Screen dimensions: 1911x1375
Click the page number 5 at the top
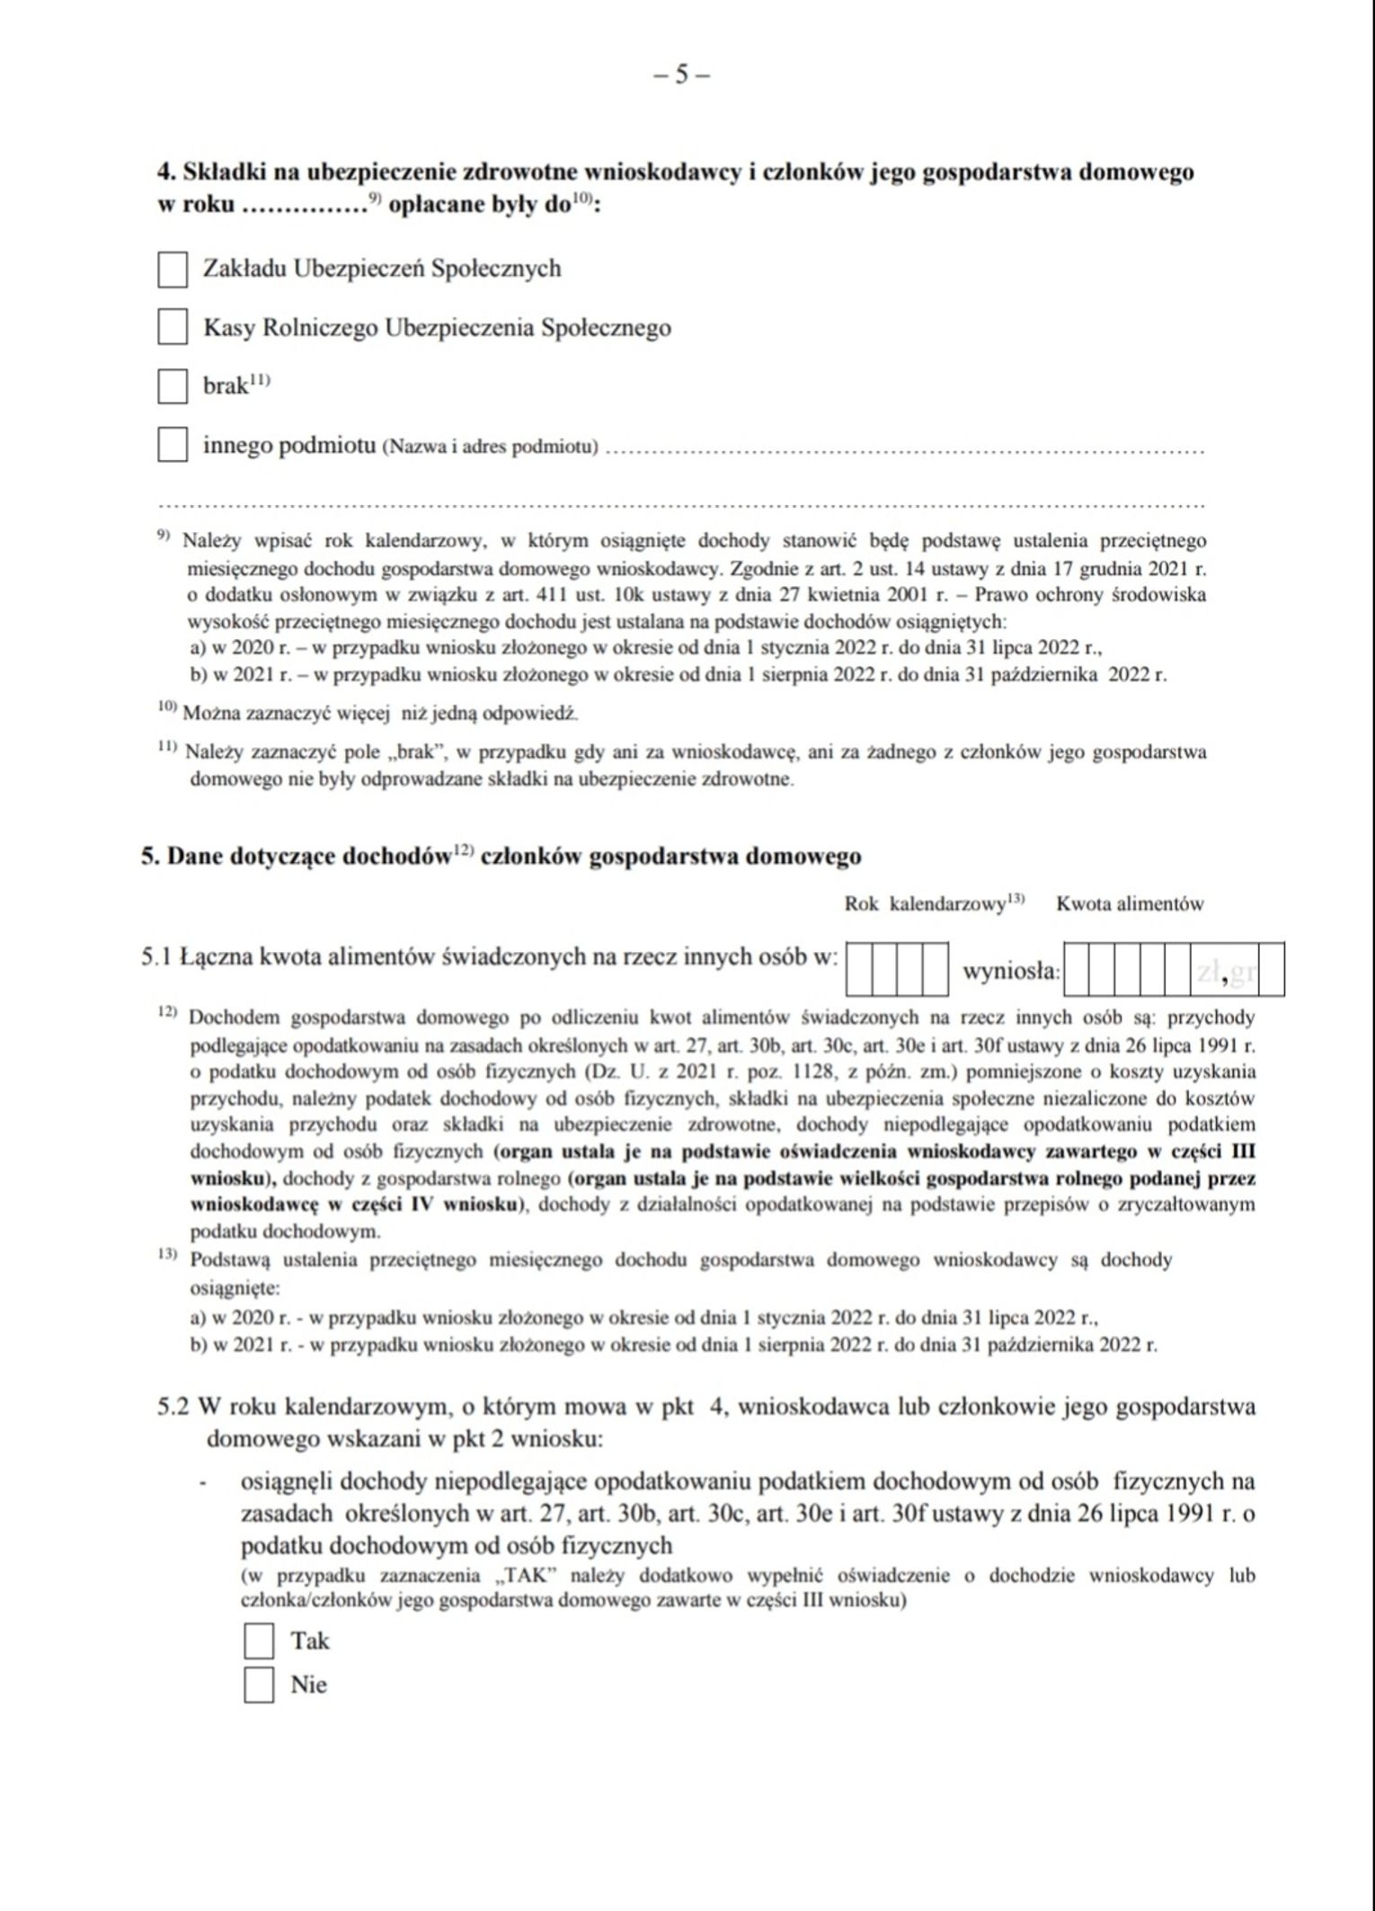681,76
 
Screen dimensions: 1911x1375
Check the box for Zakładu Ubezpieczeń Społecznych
173,269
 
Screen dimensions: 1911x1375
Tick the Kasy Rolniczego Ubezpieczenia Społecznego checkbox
173,327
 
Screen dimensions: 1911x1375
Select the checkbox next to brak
173,387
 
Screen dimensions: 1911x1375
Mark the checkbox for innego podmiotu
173,445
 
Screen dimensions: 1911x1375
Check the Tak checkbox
259,1640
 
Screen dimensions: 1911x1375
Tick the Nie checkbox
259,1684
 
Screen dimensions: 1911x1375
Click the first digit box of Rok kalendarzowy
860,969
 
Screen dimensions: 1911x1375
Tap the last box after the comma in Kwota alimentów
1271,970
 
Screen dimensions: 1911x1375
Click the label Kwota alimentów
1130,904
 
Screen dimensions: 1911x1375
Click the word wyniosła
1010,972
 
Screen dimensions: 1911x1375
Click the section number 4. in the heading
166,172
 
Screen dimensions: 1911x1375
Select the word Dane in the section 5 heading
195,856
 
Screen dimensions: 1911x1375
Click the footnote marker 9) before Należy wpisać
164,537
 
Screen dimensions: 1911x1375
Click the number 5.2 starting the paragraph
173,1406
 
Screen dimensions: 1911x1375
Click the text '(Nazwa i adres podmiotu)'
491,448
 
